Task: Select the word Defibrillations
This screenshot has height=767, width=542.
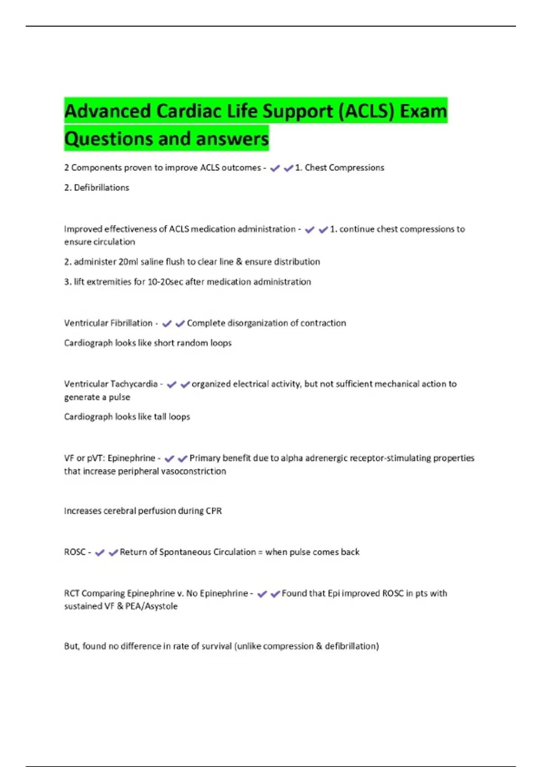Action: coord(101,188)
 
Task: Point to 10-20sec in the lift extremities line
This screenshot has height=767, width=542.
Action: coord(165,282)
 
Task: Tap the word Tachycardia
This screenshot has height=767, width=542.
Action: coord(134,384)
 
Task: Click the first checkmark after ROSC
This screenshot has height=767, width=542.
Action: coord(100,553)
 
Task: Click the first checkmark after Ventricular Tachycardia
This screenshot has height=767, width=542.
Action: coord(172,384)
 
